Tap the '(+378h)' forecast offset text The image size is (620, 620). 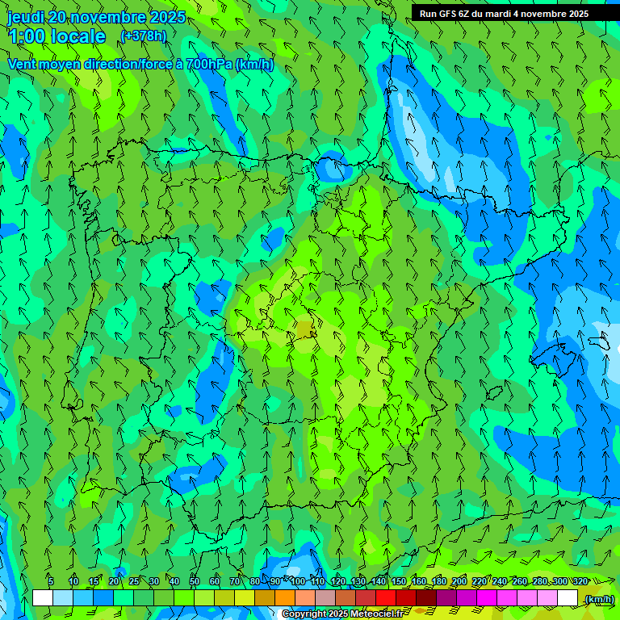143,36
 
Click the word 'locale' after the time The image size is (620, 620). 78,36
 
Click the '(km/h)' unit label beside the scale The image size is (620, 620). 599,598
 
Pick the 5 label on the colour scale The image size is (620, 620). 51,581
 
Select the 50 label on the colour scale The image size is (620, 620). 195,581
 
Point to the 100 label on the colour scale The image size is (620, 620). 298,581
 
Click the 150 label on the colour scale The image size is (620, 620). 399,581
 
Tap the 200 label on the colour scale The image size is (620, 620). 459,581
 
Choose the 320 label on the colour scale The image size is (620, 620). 580,581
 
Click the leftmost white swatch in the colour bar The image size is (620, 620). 43,598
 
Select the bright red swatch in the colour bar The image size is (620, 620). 386,598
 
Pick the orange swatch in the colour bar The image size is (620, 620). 285,598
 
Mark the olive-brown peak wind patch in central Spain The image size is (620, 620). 304,329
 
